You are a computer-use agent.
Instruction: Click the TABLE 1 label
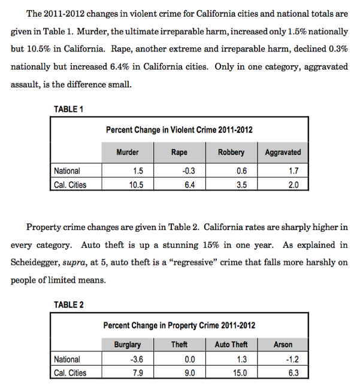point(68,109)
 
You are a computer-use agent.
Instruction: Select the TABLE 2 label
point(68,305)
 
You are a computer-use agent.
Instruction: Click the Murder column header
point(128,153)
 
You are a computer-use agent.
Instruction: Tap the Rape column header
point(179,153)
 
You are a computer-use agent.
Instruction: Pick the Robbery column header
point(231,153)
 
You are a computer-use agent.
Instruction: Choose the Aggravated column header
point(283,153)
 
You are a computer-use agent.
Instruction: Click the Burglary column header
point(128,345)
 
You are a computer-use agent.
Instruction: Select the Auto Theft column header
point(231,345)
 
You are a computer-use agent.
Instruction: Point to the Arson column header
point(283,345)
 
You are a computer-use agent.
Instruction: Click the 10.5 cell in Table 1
point(137,185)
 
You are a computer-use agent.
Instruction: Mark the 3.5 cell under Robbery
point(241,185)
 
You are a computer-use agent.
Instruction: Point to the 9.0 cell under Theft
point(189,373)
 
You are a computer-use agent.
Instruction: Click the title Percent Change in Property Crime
point(179,326)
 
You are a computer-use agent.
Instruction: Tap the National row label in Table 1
point(66,171)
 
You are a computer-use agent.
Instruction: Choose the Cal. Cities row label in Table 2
point(69,373)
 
